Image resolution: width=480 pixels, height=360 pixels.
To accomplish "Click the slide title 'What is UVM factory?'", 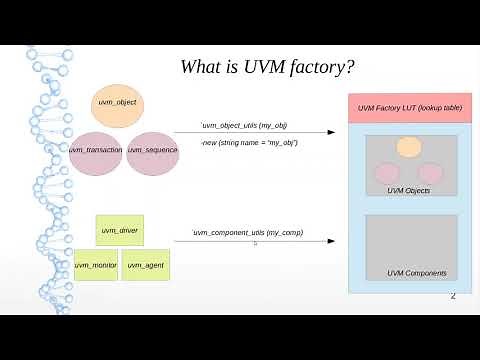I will pos(270,68).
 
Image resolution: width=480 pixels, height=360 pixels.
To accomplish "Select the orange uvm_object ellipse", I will pos(117,104).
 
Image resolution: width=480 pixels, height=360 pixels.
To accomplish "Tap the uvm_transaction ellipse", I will pos(96,149).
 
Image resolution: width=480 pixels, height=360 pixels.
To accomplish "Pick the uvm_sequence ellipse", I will pos(152,149).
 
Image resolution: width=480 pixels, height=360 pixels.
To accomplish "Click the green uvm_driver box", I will pos(119,231).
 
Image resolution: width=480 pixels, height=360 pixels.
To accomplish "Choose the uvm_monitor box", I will pos(96,265).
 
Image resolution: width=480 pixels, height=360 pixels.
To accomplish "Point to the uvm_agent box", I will pos(145,265).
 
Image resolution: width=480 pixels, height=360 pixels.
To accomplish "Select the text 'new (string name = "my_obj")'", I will pos(249,143).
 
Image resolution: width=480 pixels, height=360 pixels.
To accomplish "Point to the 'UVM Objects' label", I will pos(408,190).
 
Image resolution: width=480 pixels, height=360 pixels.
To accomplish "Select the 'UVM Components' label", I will pos(416,273).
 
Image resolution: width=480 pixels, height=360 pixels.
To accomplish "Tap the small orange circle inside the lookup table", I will pos(408,148).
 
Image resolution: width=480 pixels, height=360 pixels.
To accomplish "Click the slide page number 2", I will pos(453,296).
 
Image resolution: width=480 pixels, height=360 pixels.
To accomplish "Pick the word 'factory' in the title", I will pos(317,68).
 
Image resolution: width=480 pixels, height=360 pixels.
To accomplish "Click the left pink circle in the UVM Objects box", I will pos(388,171).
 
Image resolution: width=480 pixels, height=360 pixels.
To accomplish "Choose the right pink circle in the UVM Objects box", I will pos(430,171).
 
